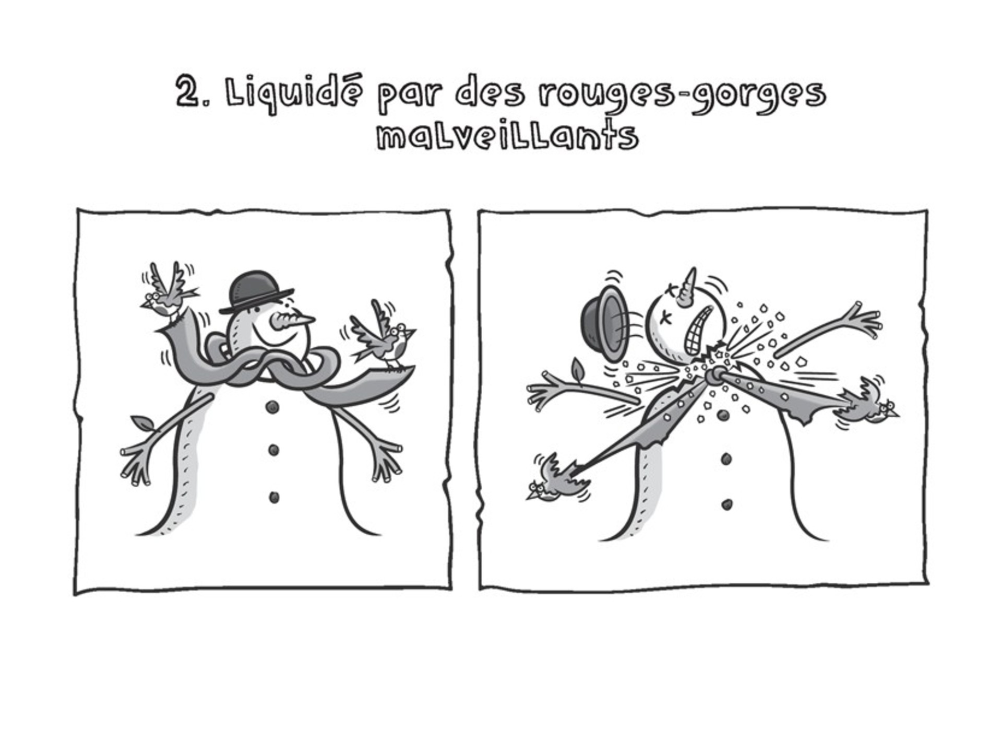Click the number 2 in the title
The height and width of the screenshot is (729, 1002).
[x=187, y=92]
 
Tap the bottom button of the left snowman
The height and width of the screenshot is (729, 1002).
[x=273, y=497]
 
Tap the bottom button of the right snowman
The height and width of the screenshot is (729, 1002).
[x=726, y=504]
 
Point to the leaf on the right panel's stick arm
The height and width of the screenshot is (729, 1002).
[x=577, y=369]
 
